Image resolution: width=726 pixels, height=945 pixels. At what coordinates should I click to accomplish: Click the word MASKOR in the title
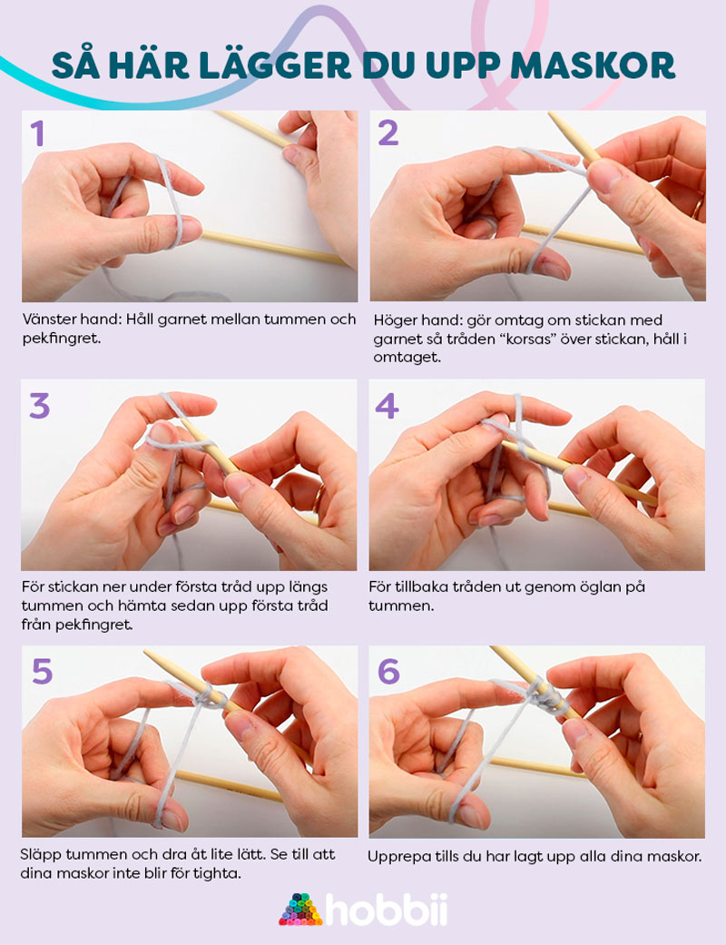pyautogui.click(x=593, y=66)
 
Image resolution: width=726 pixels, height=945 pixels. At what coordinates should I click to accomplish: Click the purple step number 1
pyautogui.click(x=37, y=133)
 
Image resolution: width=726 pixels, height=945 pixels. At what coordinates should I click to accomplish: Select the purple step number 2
pyautogui.click(x=388, y=133)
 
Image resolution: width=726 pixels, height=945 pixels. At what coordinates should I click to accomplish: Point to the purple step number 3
pyautogui.click(x=40, y=406)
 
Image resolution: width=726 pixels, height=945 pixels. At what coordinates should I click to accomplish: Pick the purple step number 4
pyautogui.click(x=387, y=406)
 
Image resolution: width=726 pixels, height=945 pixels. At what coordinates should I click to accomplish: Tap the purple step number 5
pyautogui.click(x=42, y=671)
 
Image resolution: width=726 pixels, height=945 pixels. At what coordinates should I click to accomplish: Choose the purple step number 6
pyautogui.click(x=388, y=671)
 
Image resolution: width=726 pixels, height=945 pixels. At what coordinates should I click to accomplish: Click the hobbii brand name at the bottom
pyautogui.click(x=387, y=910)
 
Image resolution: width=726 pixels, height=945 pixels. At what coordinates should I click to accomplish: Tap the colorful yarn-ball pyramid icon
pyautogui.click(x=300, y=910)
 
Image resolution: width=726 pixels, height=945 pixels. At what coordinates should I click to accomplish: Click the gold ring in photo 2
pyautogui.click(x=697, y=209)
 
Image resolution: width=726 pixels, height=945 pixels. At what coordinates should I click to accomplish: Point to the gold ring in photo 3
pyautogui.click(x=319, y=497)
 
